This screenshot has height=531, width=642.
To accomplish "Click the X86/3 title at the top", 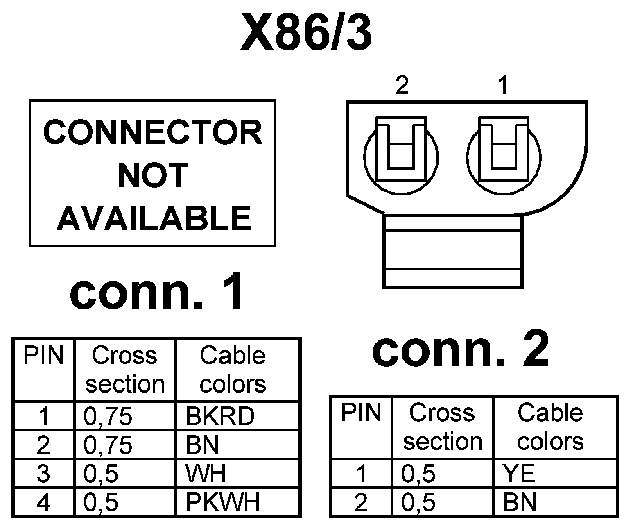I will click(x=306, y=32).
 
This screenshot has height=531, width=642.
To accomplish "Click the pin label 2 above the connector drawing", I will click(x=402, y=86).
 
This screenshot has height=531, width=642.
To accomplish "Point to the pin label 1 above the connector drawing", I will click(x=504, y=86).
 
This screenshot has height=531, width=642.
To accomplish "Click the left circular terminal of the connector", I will click(x=401, y=157).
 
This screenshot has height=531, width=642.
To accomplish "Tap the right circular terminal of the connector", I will click(x=504, y=157).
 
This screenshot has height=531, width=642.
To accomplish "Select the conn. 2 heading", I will click(x=460, y=350).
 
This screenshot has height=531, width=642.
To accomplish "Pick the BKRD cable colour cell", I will click(x=220, y=416).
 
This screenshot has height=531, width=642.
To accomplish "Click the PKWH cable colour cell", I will click(x=223, y=502).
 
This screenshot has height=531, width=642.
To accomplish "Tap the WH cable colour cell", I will click(x=206, y=474).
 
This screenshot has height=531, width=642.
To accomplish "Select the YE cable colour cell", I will click(x=520, y=474).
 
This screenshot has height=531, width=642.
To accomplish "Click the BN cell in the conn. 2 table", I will click(x=520, y=502).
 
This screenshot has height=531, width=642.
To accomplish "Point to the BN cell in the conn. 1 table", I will click(x=203, y=445).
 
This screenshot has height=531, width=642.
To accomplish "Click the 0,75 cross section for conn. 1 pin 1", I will click(x=108, y=416).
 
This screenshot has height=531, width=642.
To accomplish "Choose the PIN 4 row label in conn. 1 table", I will click(x=43, y=502).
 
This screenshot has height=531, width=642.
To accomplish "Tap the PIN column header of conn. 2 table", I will click(x=361, y=413).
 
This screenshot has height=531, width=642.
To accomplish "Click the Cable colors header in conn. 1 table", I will click(x=233, y=370).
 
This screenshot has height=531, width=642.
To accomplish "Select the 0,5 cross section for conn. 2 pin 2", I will click(x=418, y=502).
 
